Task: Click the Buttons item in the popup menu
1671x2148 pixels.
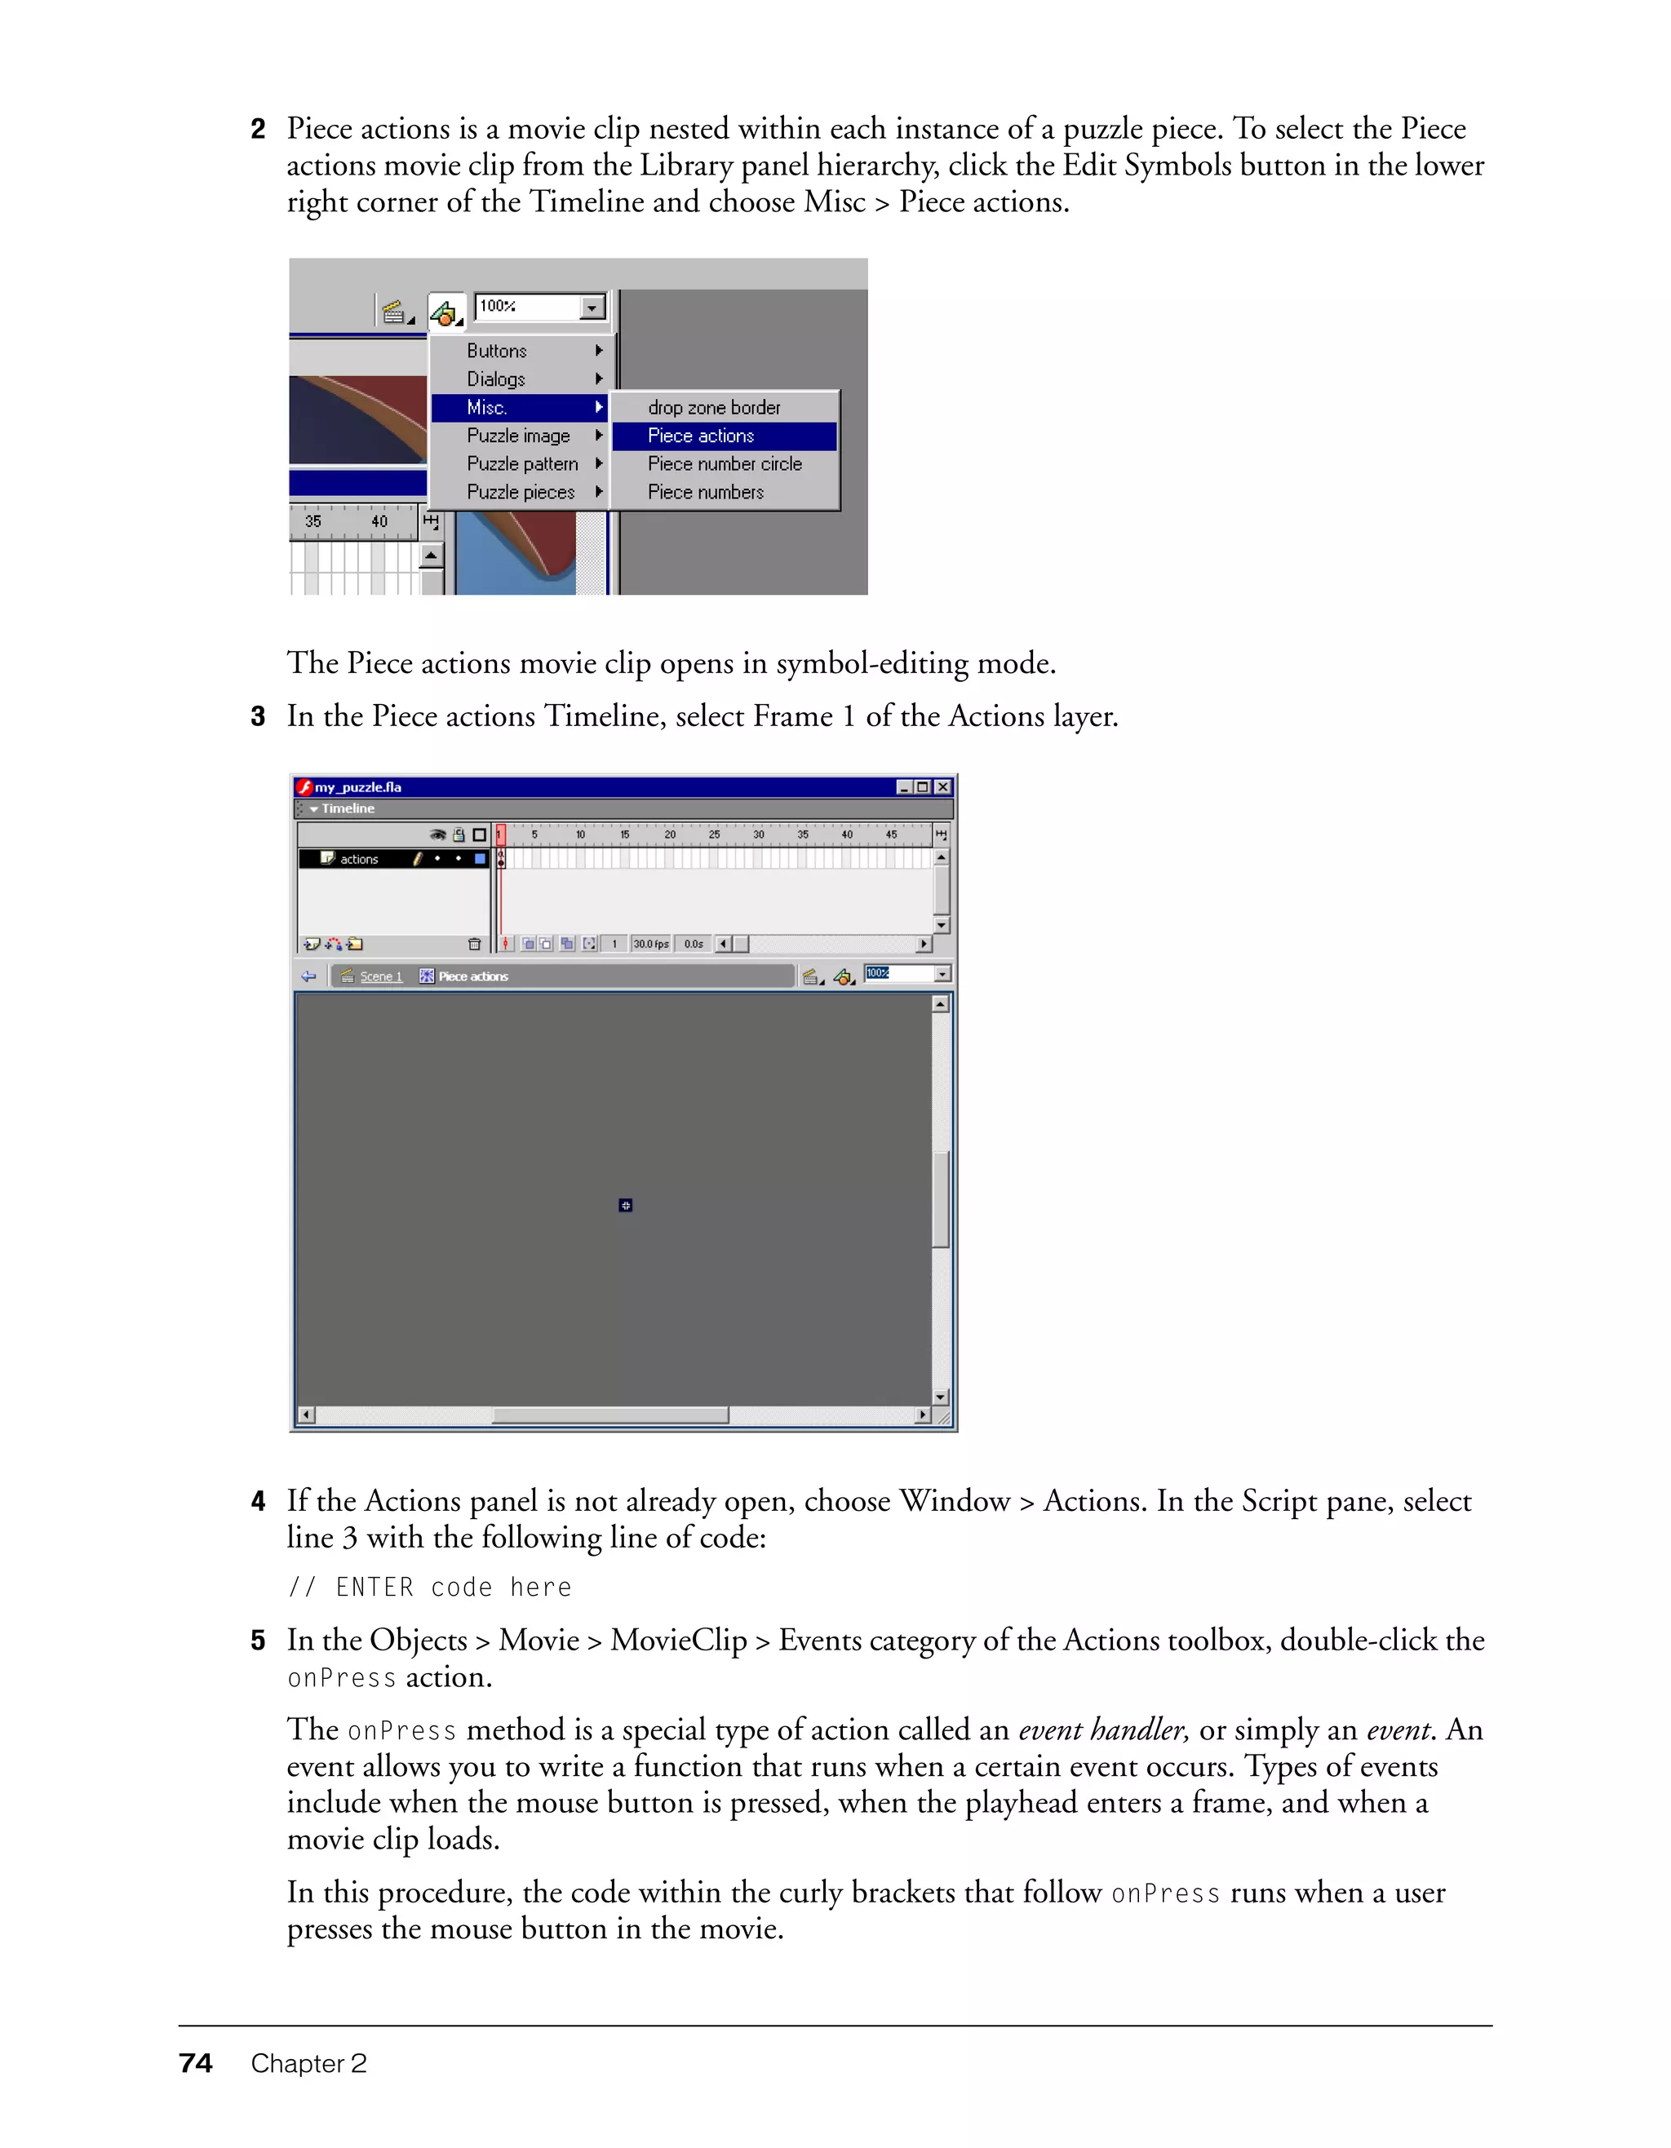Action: point(497,351)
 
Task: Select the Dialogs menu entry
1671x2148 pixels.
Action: point(496,379)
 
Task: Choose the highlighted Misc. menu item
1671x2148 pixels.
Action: point(487,407)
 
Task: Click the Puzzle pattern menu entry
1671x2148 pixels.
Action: point(522,464)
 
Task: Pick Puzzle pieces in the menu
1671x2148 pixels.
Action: point(521,492)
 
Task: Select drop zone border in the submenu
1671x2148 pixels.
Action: point(714,407)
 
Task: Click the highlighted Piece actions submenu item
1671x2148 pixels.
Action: point(700,436)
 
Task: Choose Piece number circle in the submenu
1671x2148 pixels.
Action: point(725,464)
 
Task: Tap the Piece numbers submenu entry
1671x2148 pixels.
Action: point(705,492)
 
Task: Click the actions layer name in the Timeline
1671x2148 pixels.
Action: point(359,860)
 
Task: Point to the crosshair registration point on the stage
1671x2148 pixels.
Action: point(626,1205)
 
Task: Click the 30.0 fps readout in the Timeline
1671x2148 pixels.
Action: point(650,944)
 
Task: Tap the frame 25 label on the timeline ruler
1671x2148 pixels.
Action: point(714,835)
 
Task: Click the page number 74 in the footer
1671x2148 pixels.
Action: point(196,2063)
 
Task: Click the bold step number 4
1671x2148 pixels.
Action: point(258,1502)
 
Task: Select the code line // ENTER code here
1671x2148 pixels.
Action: point(429,1588)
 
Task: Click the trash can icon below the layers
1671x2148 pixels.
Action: point(474,944)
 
